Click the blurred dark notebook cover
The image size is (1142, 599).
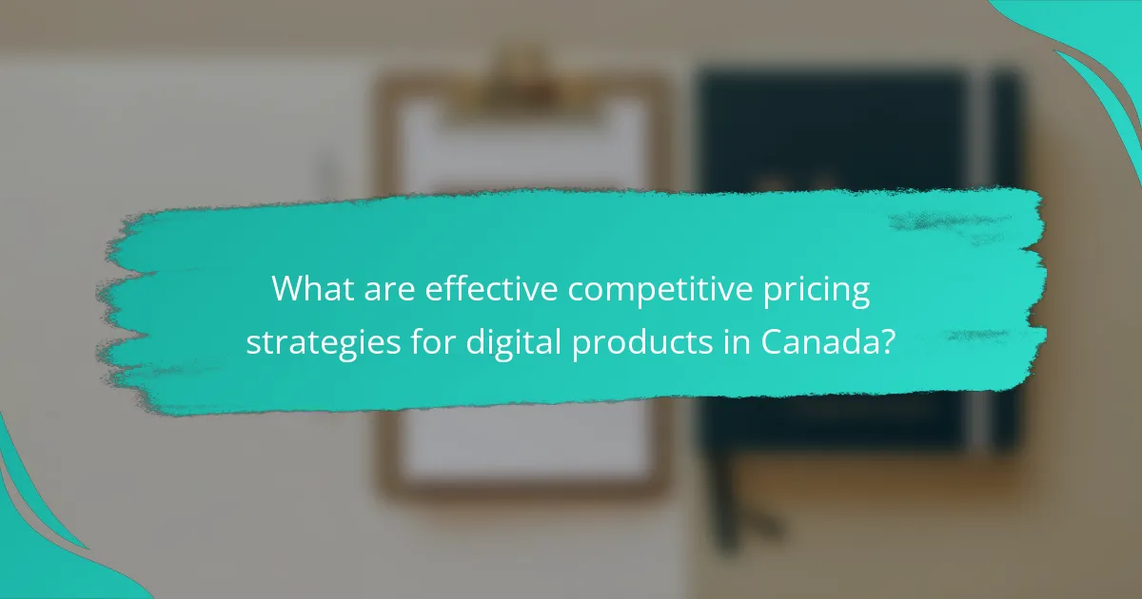point(837,133)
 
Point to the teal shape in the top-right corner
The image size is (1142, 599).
point(1094,48)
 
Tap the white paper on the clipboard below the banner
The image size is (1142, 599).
point(523,447)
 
